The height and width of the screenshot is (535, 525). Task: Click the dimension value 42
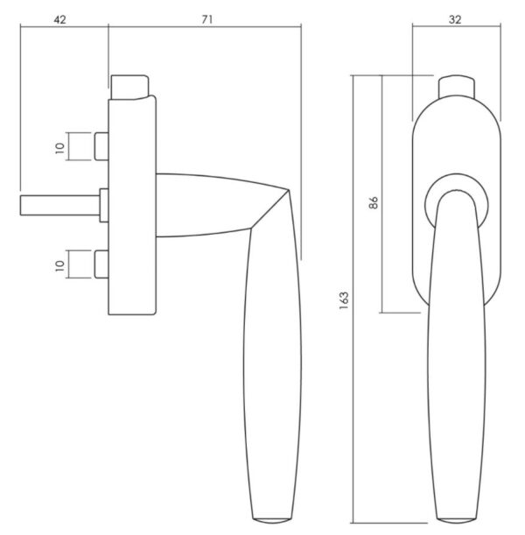click(x=59, y=20)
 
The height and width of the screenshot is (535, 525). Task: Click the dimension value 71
click(x=206, y=20)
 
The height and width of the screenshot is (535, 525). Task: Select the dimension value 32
click(x=455, y=20)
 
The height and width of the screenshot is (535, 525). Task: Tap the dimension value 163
click(x=344, y=300)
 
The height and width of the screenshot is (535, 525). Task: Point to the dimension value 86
click(x=374, y=202)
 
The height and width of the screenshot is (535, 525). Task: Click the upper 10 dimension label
click(x=59, y=148)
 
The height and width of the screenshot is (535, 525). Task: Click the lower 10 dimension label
click(x=59, y=265)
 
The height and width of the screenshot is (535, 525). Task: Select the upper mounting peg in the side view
click(x=101, y=146)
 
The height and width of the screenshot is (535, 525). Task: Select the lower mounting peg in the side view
click(x=101, y=264)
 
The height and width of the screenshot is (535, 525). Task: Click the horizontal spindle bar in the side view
click(x=60, y=206)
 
